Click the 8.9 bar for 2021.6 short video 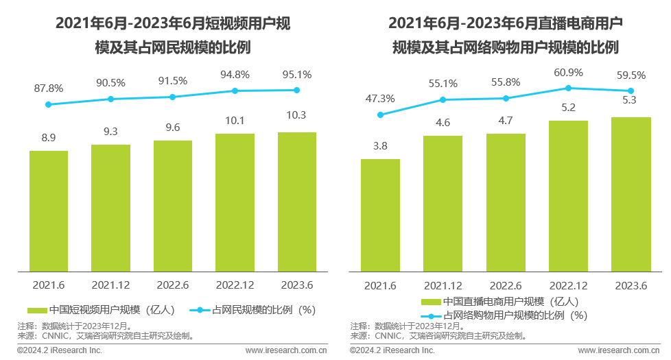(x=48, y=211)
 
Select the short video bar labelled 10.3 (x=296, y=202)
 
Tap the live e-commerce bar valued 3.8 (x=380, y=215)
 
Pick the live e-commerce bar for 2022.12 (x=569, y=195)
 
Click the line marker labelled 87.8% (x=48, y=104)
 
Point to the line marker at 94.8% (x=235, y=91)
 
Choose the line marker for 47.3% (x=380, y=115)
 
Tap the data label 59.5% (x=631, y=75)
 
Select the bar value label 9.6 (x=172, y=127)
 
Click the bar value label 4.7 (x=506, y=120)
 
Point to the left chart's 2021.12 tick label (x=110, y=285)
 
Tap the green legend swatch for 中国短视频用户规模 (x=38, y=310)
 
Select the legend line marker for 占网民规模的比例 (x=200, y=310)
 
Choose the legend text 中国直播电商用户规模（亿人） (x=510, y=302)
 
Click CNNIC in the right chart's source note (x=389, y=336)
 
